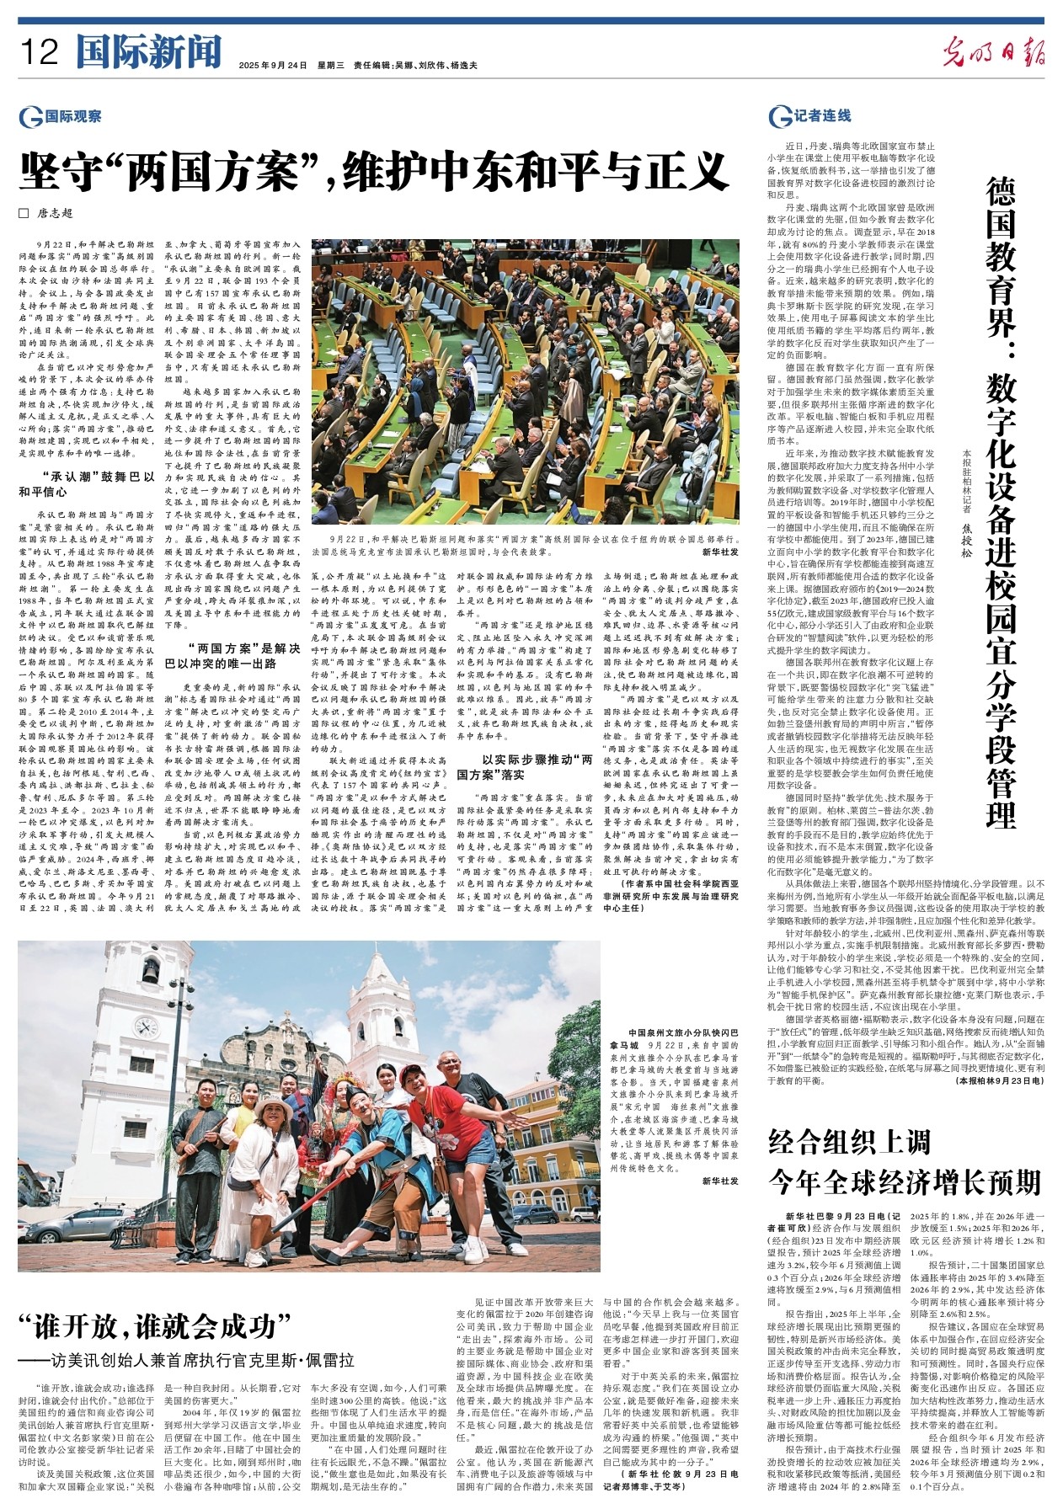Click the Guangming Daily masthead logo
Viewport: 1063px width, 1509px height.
click(994, 52)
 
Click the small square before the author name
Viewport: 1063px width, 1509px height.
click(24, 214)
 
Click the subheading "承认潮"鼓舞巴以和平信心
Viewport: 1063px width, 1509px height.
click(88, 483)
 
